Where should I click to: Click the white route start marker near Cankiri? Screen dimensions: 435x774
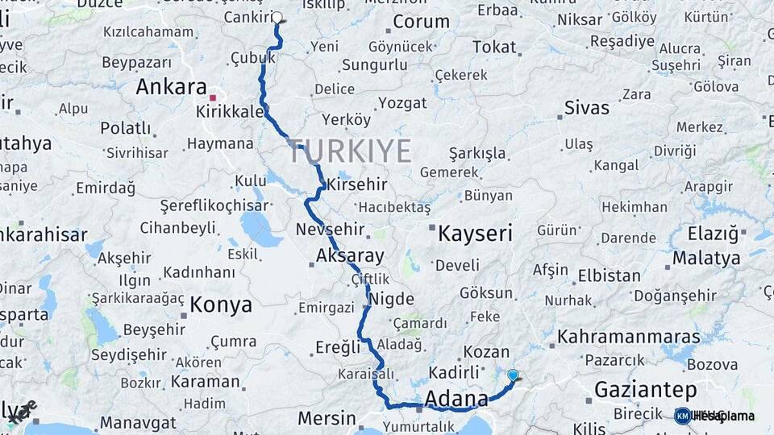277,17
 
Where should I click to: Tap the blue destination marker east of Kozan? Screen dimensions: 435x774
513,375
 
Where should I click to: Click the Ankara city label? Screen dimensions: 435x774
171,87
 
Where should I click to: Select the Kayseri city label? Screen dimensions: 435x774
475,234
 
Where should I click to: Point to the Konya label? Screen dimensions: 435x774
221,305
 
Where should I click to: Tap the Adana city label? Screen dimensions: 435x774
456,399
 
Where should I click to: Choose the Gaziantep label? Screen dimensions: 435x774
645,391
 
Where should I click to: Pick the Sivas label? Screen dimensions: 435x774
587,107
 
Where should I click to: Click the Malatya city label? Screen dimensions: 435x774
706,259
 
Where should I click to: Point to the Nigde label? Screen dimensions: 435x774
390,299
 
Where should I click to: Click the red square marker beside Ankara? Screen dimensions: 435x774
213,97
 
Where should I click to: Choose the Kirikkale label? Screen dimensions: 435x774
231,112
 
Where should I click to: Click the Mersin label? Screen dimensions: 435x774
327,418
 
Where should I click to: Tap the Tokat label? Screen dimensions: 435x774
494,48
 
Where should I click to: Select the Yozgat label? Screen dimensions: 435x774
402,103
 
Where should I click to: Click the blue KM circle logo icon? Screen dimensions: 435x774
682,416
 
